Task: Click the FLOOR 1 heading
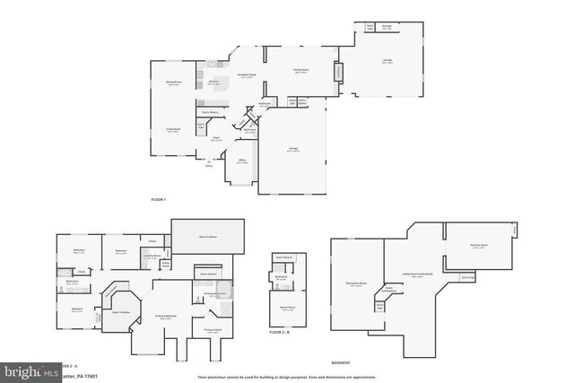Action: pyautogui.click(x=159, y=199)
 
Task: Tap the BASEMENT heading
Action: pyautogui.click(x=341, y=362)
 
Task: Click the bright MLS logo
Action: pyautogui.click(x=28, y=370)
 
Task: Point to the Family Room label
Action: pyautogui.click(x=301, y=69)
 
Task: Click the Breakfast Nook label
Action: pyautogui.click(x=248, y=76)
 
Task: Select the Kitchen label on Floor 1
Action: pyautogui.click(x=214, y=82)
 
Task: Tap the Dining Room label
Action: pyautogui.click(x=173, y=83)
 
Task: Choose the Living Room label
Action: pyautogui.click(x=173, y=130)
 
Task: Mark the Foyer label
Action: pyautogui.click(x=216, y=138)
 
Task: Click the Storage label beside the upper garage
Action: pyautogui.click(x=386, y=28)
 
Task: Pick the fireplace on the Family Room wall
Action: pyautogui.click(x=338, y=72)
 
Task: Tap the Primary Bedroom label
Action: pyautogui.click(x=166, y=317)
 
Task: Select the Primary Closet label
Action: pyautogui.click(x=213, y=330)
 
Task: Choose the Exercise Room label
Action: pyautogui.click(x=479, y=245)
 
